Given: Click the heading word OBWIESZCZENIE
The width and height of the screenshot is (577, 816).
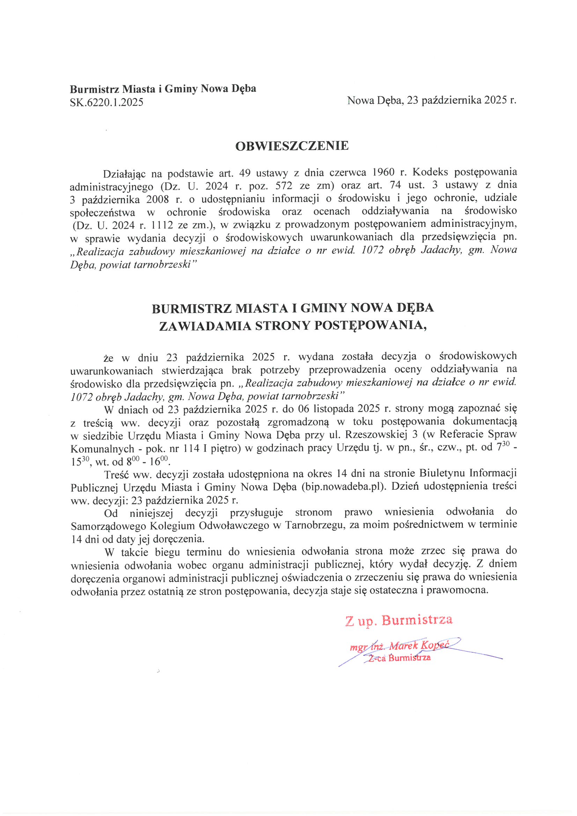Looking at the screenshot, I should (292, 146).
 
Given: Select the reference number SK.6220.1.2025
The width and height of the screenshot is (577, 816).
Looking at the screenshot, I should (107, 102).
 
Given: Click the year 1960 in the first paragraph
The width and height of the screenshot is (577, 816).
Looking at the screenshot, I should (383, 172).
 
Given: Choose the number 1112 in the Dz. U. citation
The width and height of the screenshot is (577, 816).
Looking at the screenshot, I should (162, 225).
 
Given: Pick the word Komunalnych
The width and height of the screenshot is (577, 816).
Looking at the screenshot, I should (102, 448).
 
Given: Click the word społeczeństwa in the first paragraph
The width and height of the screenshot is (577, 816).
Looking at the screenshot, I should (102, 212).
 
